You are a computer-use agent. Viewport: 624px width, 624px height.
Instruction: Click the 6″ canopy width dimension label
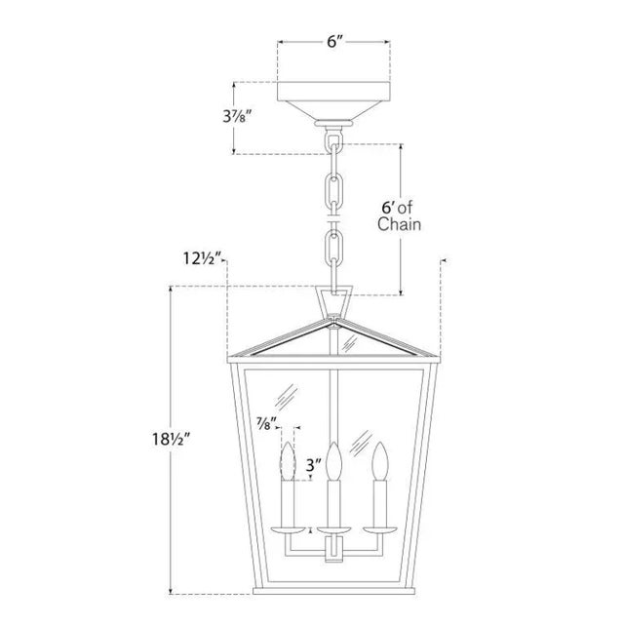334,41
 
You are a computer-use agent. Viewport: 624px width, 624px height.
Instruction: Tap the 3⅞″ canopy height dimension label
238,116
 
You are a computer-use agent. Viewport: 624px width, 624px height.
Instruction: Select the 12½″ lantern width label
202,258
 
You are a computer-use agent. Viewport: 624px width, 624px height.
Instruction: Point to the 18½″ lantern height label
169,440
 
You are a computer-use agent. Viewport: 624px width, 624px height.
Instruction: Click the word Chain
399,224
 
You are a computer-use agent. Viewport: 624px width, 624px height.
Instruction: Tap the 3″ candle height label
314,465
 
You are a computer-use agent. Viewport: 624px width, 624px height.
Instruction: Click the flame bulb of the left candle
289,461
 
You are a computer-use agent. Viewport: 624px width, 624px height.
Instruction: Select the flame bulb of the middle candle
333,461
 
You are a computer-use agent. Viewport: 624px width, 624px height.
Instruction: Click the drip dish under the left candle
289,530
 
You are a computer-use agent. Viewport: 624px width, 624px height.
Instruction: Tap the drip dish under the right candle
379,530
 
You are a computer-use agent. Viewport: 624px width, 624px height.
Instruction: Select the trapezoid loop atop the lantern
333,300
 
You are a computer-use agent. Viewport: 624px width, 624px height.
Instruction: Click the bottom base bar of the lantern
333,591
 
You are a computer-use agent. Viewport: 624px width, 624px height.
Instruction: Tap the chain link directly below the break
333,246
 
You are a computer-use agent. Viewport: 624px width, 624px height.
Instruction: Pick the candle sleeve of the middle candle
333,504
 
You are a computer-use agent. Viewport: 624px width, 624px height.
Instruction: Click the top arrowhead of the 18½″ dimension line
171,289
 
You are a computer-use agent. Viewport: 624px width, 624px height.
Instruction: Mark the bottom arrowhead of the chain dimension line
401,292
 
